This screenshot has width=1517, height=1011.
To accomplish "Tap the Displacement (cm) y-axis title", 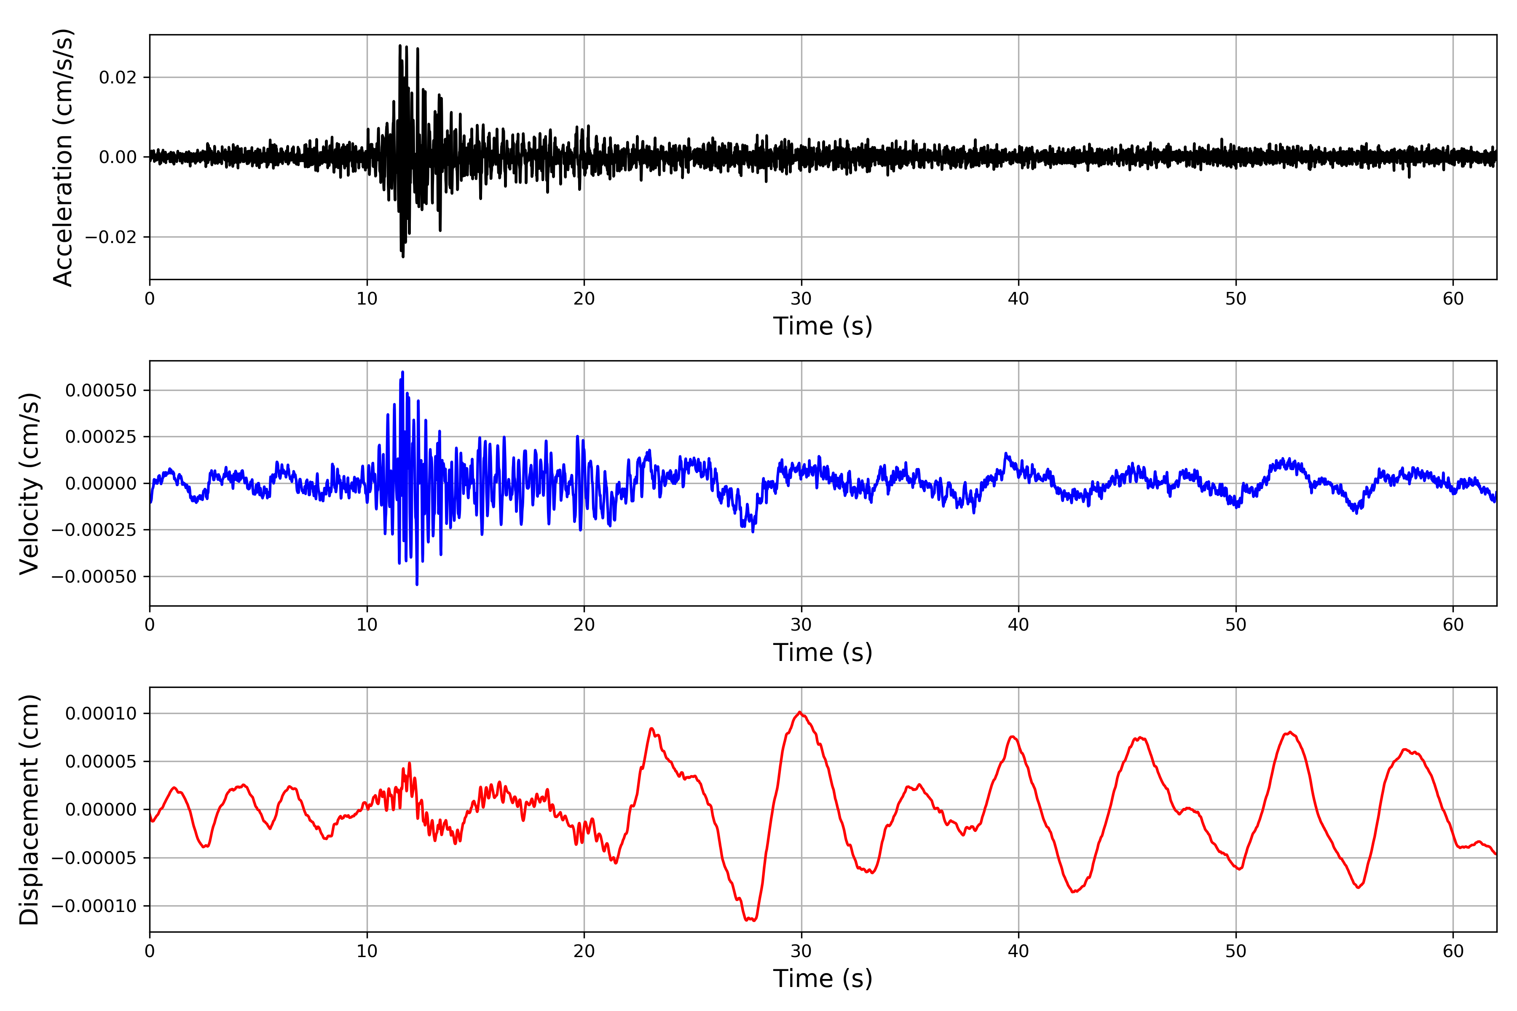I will pyautogui.click(x=29, y=810).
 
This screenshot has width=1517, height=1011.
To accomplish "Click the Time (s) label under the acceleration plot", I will pyautogui.click(x=823, y=326).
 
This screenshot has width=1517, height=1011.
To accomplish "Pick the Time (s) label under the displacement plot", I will pyautogui.click(x=823, y=978).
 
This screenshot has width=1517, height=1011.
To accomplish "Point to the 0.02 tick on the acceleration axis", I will pyautogui.click(x=118, y=78).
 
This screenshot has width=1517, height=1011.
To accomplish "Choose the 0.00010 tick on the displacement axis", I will pyautogui.click(x=101, y=714).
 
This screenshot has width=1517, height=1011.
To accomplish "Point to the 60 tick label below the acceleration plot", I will pyautogui.click(x=1453, y=299).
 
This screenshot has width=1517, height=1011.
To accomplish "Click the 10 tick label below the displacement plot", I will pyautogui.click(x=367, y=951).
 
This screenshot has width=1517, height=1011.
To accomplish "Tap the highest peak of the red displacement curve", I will pyautogui.click(x=800, y=712).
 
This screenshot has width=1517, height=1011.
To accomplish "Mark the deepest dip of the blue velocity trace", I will pyautogui.click(x=417, y=584).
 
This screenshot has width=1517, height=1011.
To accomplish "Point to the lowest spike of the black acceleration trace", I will pyautogui.click(x=403, y=257).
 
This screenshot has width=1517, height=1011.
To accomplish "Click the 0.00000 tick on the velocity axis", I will pyautogui.click(x=101, y=484).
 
